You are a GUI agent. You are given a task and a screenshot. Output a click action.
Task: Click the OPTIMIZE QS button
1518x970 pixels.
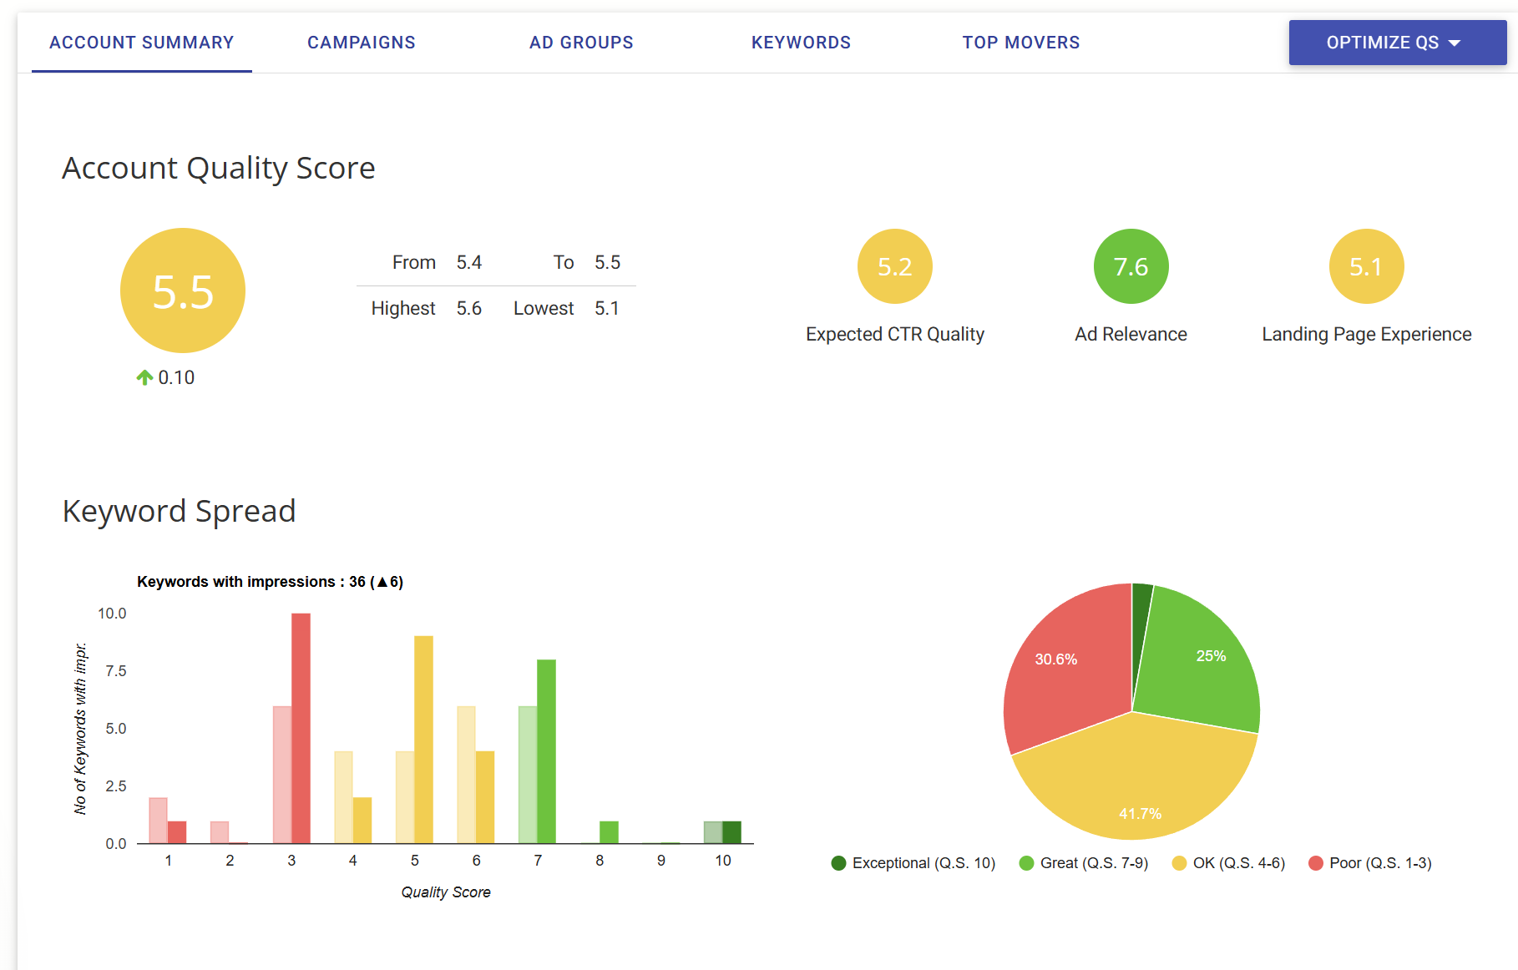1396,43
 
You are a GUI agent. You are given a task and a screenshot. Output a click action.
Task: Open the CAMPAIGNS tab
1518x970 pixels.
361,43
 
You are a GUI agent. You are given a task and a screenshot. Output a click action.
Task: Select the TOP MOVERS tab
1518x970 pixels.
1020,43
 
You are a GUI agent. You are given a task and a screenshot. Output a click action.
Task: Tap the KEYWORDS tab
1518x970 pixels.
800,43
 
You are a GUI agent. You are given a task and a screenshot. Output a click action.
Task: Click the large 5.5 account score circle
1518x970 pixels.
183,290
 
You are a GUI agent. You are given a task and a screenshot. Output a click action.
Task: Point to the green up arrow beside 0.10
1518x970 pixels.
144,377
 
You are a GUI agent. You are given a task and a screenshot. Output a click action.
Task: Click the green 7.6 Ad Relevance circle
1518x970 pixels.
1131,266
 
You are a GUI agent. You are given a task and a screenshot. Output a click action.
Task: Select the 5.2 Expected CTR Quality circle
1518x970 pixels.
894,266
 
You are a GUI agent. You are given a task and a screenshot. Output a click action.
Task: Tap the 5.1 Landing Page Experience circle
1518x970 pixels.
1366,266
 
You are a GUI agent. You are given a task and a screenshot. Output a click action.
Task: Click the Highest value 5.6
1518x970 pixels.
468,309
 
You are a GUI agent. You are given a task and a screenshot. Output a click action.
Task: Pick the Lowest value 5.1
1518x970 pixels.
606,309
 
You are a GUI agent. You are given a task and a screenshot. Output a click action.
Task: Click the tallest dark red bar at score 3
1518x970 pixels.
301,726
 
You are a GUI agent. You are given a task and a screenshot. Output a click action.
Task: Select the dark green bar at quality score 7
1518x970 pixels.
546,751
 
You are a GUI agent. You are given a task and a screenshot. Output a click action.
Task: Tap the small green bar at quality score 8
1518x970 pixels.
609,832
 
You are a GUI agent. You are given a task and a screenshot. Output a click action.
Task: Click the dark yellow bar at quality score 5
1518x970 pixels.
423,739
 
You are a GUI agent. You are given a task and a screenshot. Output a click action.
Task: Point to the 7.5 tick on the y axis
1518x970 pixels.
116,671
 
